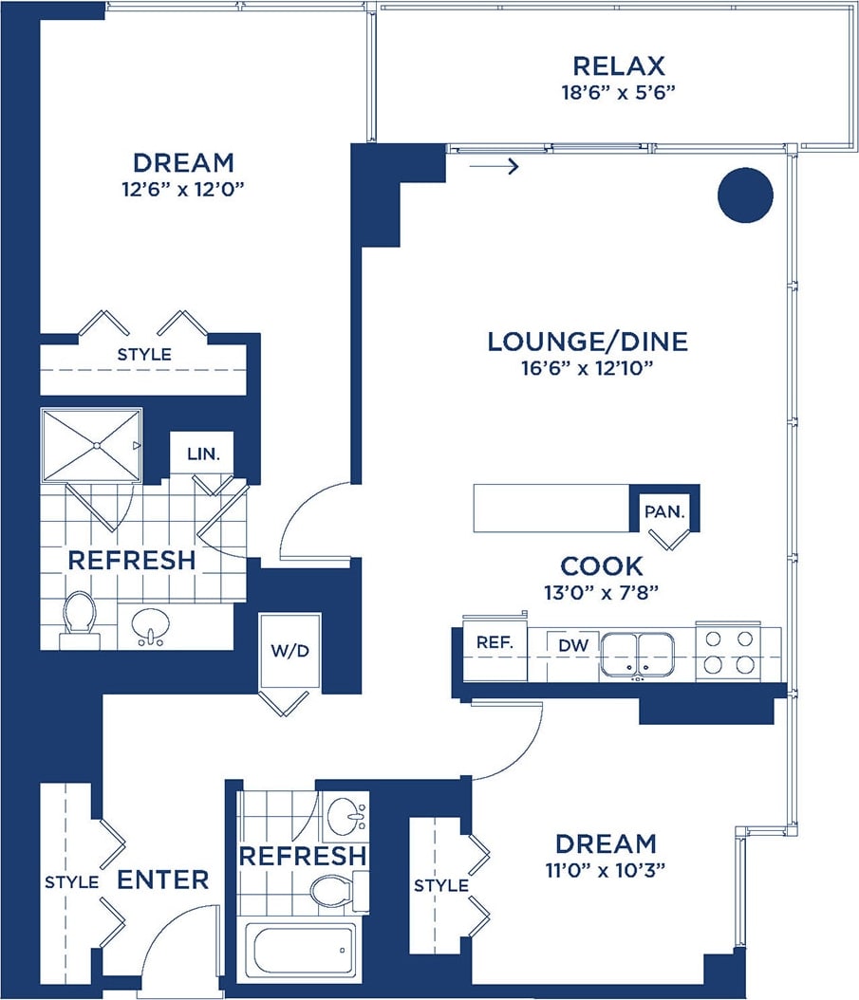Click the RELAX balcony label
(x=618, y=66)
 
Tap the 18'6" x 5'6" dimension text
(x=618, y=92)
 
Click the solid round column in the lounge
(x=745, y=194)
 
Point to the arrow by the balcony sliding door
(x=495, y=168)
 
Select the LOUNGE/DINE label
(x=587, y=342)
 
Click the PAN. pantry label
(x=664, y=511)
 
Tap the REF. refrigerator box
(x=495, y=642)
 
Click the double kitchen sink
(x=637, y=653)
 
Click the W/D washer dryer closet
(x=290, y=652)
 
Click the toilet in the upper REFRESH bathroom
(x=80, y=618)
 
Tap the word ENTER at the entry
(x=162, y=880)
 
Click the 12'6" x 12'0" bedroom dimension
(x=183, y=188)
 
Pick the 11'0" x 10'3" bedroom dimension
(x=606, y=869)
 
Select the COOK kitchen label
(x=601, y=566)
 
